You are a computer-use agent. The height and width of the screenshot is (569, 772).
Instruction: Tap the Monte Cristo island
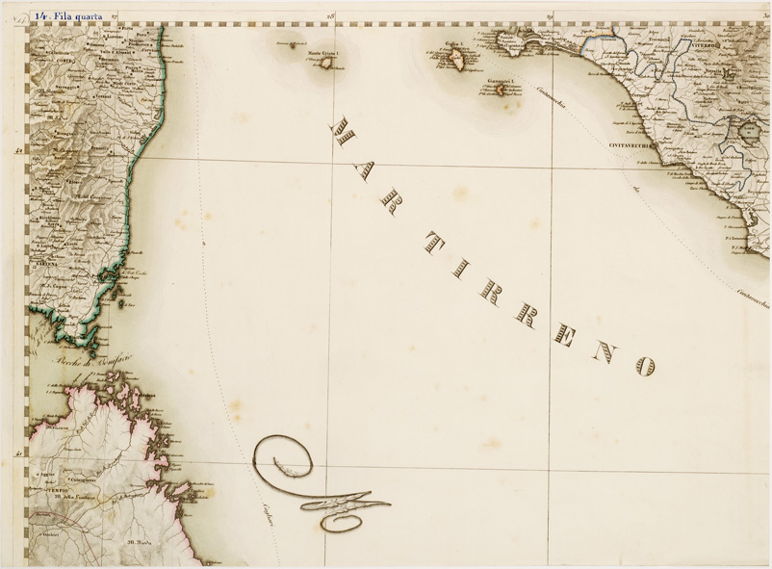327,64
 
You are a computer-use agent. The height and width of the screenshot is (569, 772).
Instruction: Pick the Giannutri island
500,90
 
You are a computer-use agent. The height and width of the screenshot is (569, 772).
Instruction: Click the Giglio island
454,60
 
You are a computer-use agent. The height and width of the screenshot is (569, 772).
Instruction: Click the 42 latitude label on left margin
18,150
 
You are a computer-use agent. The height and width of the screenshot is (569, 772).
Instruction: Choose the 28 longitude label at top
329,16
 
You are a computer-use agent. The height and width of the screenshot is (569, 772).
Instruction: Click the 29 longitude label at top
550,16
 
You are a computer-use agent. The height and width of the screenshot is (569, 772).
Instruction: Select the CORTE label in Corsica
67,61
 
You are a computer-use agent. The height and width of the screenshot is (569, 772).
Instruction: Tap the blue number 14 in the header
41,15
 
